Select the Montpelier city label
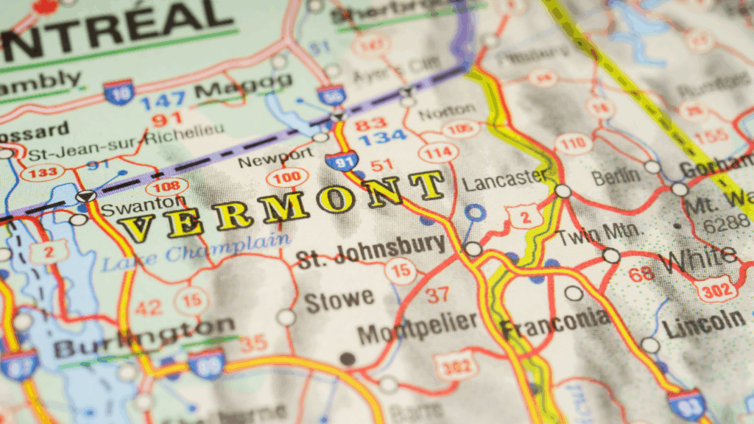[417, 327]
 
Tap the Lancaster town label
[505, 179]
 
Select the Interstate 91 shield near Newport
[342, 159]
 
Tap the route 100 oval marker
[287, 177]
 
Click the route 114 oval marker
[434, 152]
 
